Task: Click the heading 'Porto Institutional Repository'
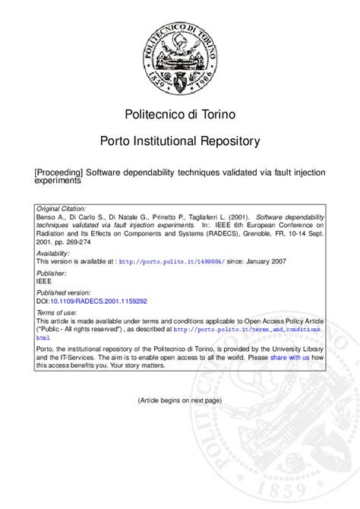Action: coord(180,141)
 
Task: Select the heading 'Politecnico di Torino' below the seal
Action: coord(180,115)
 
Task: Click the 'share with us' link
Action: coord(289,357)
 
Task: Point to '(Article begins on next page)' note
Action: coord(180,400)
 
